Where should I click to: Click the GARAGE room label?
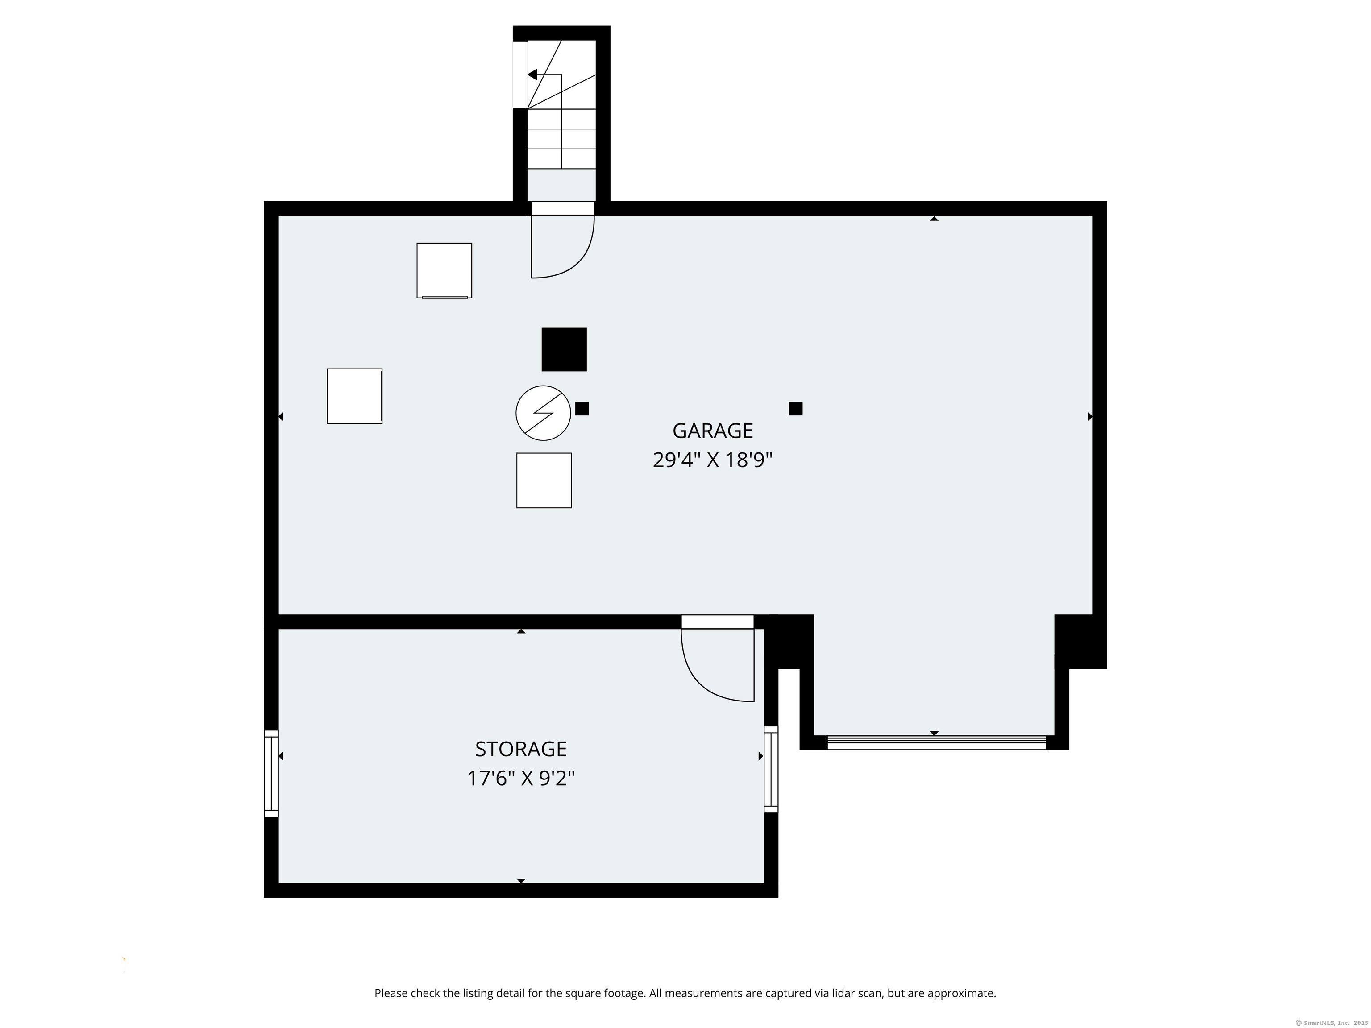point(713,431)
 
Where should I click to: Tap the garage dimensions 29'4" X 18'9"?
point(713,460)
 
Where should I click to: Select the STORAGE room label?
point(521,749)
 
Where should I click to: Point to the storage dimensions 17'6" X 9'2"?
point(521,778)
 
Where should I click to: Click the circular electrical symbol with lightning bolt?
point(543,413)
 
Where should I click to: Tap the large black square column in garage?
point(564,349)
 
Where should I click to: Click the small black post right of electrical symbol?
point(582,408)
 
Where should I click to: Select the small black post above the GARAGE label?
point(796,408)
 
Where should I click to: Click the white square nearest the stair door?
point(445,271)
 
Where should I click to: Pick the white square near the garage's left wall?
point(354,396)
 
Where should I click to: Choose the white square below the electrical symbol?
point(544,480)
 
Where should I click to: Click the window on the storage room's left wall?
point(271,773)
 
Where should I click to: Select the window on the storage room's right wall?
point(771,769)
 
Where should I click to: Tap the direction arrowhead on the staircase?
point(532,75)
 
